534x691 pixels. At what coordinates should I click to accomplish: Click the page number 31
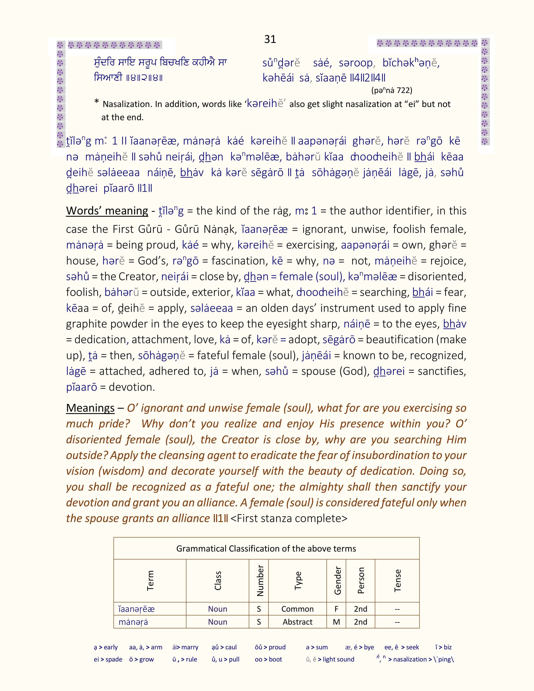pos(270,39)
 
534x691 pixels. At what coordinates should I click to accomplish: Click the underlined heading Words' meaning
pos(107,211)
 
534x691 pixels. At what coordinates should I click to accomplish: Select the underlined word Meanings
pos(90,408)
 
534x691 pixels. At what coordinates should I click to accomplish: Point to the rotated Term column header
pos(150,581)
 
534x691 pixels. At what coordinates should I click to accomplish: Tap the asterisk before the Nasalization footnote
pos(97,102)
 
